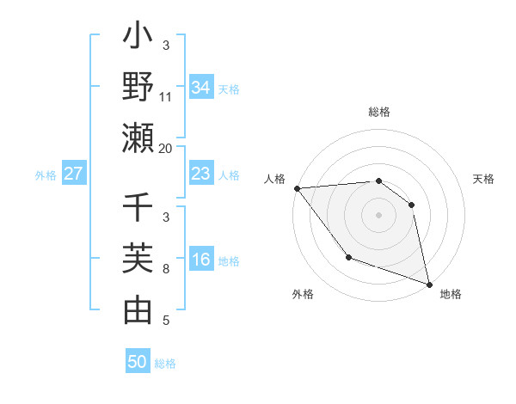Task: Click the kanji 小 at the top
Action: point(138,40)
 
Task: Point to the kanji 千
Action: point(138,209)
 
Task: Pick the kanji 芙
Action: point(138,260)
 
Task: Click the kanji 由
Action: point(138,310)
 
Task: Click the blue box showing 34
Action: point(201,88)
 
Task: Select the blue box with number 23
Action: point(201,174)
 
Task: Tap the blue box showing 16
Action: point(201,260)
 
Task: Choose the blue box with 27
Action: point(74,174)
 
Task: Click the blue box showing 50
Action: point(138,362)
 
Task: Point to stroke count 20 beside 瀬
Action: point(166,149)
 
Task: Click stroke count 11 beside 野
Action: point(166,97)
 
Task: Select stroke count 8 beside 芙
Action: point(166,269)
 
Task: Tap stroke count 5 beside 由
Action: point(166,321)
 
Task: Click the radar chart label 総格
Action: point(378,112)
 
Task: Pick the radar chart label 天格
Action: point(484,179)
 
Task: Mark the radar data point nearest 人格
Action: point(297,188)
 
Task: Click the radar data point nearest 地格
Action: point(428,284)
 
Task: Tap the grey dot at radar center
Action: point(378,215)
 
